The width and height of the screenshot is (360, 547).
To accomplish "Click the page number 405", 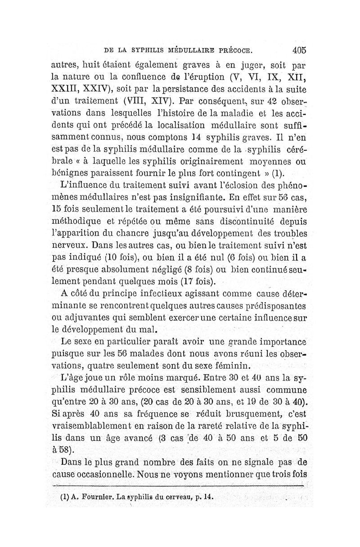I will click(x=298, y=49).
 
